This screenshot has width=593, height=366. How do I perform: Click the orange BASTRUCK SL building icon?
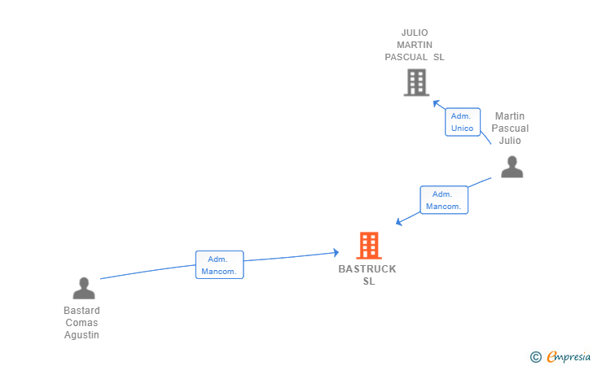(369, 246)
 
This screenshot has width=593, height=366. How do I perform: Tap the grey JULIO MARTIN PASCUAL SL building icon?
(416, 82)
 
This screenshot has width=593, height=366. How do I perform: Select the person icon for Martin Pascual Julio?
(512, 166)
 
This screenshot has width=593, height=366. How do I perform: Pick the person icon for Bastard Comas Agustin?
(83, 288)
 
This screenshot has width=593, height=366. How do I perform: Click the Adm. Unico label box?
(463, 122)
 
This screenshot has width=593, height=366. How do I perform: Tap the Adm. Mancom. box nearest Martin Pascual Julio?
(444, 200)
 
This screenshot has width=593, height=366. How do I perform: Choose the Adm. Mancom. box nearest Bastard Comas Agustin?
(219, 265)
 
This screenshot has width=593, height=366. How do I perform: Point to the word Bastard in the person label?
(82, 311)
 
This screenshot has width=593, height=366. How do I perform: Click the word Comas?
(82, 323)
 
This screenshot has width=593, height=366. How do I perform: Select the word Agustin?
(82, 335)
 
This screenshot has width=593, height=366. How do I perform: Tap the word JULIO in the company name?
(415, 33)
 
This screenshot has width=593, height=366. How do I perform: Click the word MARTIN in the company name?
(415, 45)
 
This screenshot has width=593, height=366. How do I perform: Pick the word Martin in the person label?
(510, 116)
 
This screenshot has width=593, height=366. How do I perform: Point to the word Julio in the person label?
(510, 141)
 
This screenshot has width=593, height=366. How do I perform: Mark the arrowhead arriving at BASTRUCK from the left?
(335, 253)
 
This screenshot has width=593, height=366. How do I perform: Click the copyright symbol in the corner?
(535, 356)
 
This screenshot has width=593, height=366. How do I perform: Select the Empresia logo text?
(569, 355)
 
